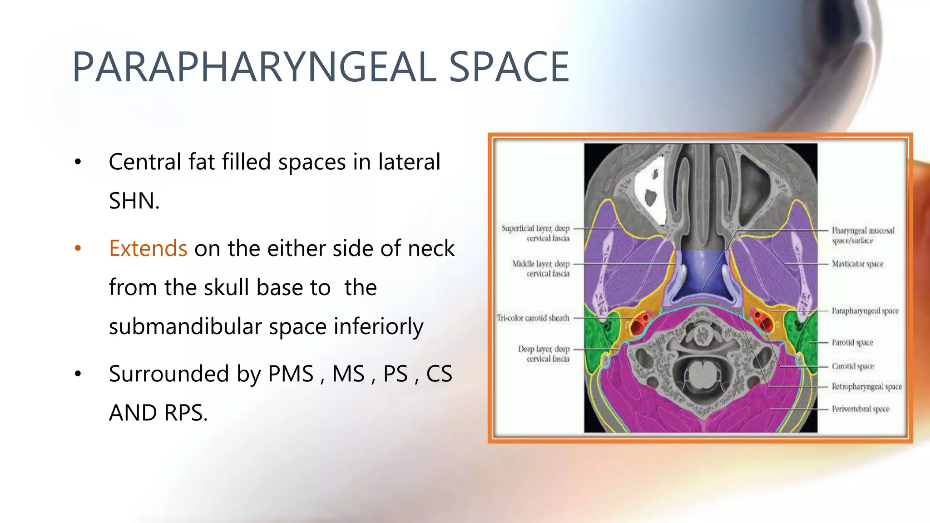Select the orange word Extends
[148, 248]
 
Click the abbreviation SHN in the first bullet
[132, 201]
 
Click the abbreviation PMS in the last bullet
[291, 374]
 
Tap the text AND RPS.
[158, 413]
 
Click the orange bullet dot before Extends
[78, 248]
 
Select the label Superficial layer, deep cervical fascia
[536, 233]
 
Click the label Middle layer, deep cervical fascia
[541, 268]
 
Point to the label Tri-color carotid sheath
[533, 318]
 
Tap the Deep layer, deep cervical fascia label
[544, 354]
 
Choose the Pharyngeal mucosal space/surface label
[863, 235]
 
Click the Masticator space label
[857, 264]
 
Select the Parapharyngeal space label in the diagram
[865, 311]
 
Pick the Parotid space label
[852, 342]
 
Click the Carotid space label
[853, 366]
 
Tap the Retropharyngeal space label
[866, 386]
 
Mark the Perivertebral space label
[861, 409]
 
